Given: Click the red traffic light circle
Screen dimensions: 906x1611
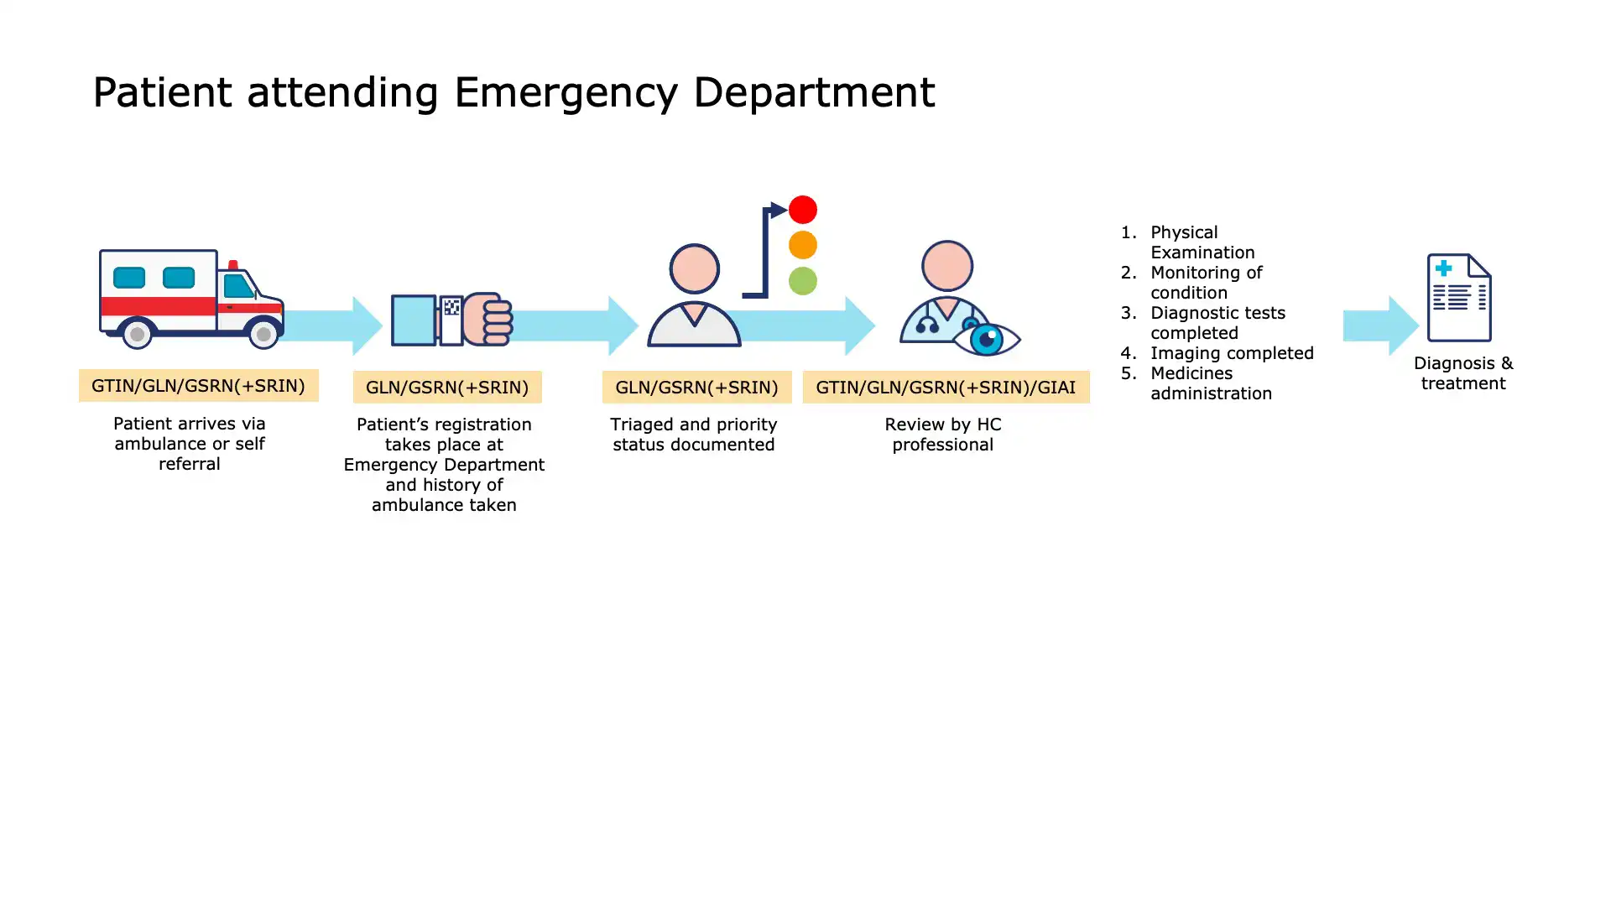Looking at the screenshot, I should click(803, 210).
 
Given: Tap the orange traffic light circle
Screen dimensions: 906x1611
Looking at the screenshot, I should click(803, 245).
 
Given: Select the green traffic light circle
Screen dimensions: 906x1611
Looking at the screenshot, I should click(803, 281).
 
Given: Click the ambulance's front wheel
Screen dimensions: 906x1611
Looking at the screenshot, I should click(263, 334).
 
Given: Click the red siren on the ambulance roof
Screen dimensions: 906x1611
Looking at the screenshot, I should click(233, 265).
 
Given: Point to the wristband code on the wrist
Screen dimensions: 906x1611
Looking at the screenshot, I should click(451, 308).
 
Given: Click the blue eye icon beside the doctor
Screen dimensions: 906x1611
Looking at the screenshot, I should click(988, 339).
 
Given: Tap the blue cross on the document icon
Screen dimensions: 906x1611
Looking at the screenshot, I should click(1444, 268).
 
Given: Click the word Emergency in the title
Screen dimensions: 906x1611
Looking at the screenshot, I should click(565, 92).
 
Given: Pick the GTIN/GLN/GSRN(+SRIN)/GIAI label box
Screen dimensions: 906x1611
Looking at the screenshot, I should click(946, 388).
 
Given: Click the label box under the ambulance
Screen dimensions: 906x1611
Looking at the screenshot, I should click(198, 386).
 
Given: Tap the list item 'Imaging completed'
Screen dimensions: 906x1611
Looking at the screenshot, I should click(1231, 353).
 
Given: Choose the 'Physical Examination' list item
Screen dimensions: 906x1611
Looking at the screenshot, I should click(1202, 242).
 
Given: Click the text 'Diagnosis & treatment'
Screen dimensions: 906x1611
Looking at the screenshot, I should click(1463, 373).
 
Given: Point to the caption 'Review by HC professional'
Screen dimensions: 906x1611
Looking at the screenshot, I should click(943, 435).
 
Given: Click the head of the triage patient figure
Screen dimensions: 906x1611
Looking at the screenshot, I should click(695, 268).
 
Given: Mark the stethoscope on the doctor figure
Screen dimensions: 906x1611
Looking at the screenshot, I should click(928, 324).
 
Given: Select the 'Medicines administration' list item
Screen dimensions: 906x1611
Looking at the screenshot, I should click(1210, 383).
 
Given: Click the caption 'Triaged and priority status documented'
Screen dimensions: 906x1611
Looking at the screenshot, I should click(694, 435).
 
